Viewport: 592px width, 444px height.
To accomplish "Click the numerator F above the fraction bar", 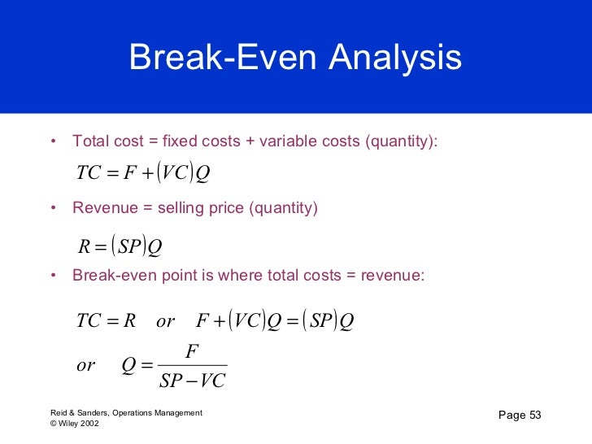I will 192,351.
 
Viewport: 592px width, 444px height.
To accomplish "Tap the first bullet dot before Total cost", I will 53,141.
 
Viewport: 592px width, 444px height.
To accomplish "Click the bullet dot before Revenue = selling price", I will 53,209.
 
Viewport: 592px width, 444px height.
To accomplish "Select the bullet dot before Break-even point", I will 53,276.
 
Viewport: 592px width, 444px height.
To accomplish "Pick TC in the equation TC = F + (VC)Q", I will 87,173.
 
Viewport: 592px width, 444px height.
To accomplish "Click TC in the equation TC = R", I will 87,321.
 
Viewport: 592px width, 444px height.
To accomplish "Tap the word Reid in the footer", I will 59,413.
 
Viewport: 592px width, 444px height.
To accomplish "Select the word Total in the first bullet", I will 89,141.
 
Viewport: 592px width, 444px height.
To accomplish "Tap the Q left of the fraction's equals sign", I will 128,365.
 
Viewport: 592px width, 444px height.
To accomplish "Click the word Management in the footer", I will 180,413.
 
